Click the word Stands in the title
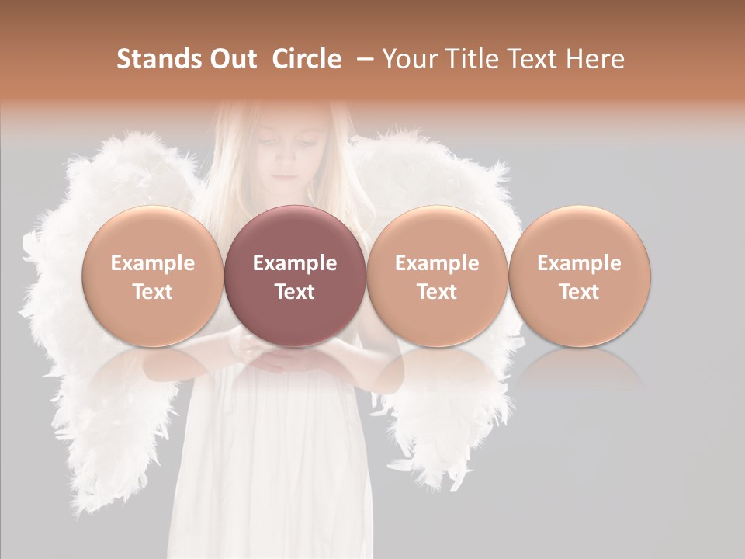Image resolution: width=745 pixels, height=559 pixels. point(159,59)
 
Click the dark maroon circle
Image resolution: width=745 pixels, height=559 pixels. point(295,276)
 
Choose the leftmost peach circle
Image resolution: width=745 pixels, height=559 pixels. point(153,276)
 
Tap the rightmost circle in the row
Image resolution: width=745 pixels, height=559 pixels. point(580,276)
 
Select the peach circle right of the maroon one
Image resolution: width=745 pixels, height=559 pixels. point(437,276)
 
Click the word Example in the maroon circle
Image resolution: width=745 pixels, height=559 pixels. point(295,263)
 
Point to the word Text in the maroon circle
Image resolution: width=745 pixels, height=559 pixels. point(295,292)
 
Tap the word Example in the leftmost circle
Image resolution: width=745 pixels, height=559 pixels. point(153,263)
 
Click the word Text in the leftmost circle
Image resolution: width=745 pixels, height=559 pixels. point(153,292)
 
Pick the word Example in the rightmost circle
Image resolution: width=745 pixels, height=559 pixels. point(580,263)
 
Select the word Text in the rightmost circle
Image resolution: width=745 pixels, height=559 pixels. point(580,292)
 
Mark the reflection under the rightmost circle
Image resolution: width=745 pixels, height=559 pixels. point(580,369)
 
